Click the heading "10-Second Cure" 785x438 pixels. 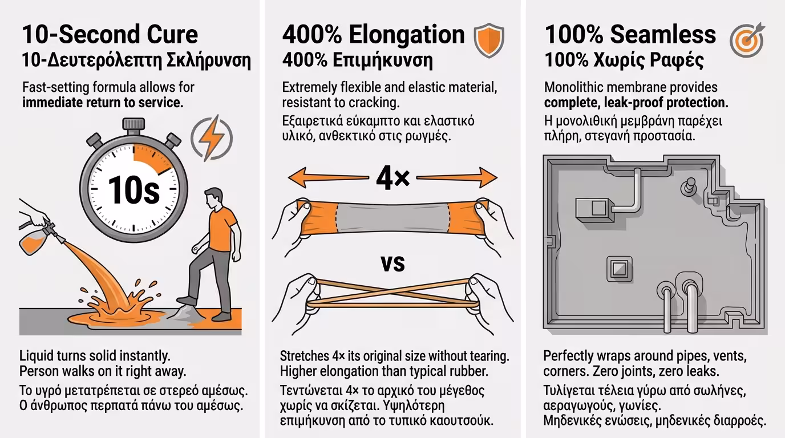(x=110, y=34)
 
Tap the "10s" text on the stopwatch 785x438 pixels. (x=134, y=190)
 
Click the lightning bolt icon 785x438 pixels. (x=212, y=138)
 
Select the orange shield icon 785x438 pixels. (x=489, y=40)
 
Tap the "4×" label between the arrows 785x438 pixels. (x=393, y=178)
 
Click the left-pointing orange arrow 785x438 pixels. (x=329, y=178)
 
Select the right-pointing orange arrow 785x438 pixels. (x=456, y=178)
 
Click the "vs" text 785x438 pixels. (x=392, y=264)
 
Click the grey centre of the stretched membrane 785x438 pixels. (x=392, y=218)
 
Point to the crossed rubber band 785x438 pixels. (x=392, y=294)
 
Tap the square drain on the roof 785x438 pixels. (x=620, y=269)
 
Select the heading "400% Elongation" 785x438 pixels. (x=374, y=34)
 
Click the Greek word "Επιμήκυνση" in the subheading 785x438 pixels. (x=383, y=60)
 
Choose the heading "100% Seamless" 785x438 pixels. (x=630, y=34)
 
